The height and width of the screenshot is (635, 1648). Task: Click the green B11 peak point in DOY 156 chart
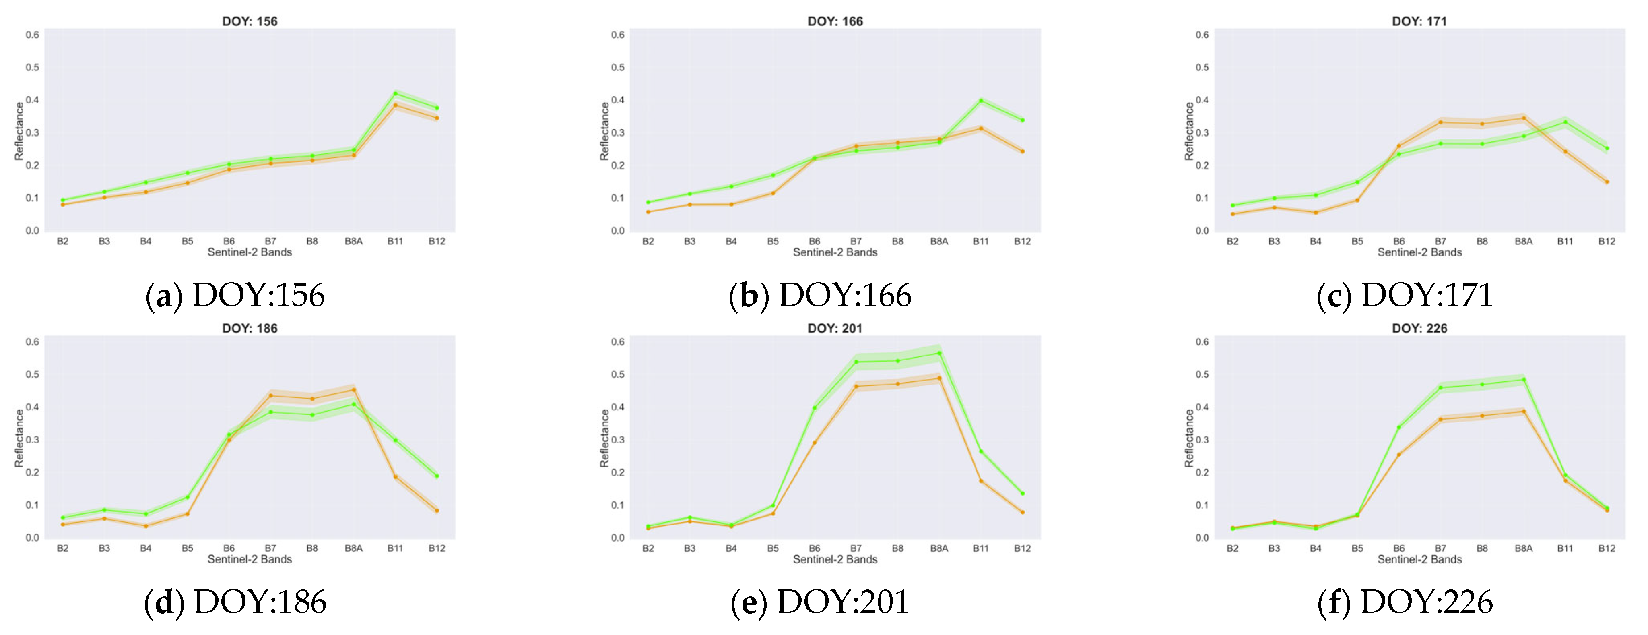[395, 93]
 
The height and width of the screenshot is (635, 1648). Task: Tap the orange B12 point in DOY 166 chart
[1022, 152]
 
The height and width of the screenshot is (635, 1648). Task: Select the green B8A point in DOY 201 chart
[939, 353]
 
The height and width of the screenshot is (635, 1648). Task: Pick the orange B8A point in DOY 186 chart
[354, 390]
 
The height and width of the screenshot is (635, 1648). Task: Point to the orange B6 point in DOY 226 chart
[1399, 455]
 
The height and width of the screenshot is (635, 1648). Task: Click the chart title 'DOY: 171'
[1419, 21]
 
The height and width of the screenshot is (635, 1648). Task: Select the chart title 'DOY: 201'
[835, 329]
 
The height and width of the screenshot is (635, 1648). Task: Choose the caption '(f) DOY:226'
[1405, 602]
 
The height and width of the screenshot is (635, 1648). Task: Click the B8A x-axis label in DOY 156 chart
[354, 241]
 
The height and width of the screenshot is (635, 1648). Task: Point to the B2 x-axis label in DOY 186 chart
[63, 548]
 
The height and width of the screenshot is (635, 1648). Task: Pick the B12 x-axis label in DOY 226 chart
[1607, 548]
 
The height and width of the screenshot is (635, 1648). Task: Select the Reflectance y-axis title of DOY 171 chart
[1189, 131]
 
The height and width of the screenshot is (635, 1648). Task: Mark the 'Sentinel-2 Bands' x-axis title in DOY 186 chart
[250, 559]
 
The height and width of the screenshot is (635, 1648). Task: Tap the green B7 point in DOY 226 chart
[1441, 387]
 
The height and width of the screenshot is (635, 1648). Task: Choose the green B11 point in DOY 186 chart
[395, 440]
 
